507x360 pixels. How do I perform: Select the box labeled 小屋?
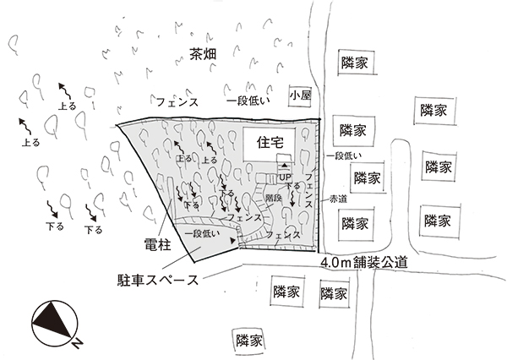point(300,96)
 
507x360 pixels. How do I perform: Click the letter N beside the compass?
point(76,343)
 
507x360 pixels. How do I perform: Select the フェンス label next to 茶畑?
point(177,101)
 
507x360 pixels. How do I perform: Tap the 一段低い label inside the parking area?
point(201,233)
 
